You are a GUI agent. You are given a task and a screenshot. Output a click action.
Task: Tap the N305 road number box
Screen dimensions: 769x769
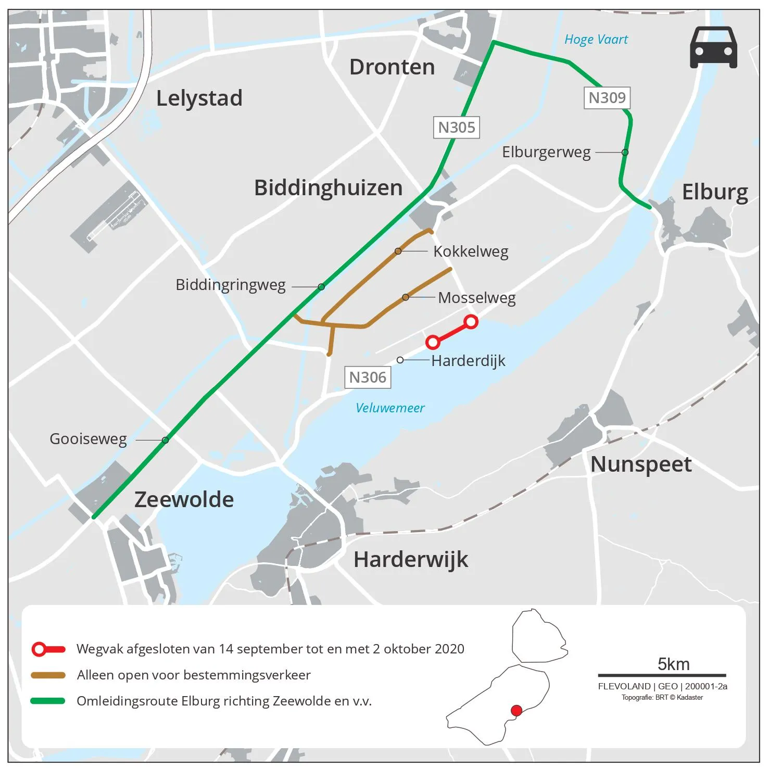pyautogui.click(x=456, y=128)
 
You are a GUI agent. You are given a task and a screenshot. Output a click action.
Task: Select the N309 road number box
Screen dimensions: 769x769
pyautogui.click(x=607, y=98)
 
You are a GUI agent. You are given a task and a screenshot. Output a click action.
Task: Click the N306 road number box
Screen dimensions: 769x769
pyautogui.click(x=368, y=377)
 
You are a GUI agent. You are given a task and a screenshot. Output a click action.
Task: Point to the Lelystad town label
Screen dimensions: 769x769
pyautogui.click(x=199, y=98)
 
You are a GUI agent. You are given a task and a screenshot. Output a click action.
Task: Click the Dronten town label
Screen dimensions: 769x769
pyautogui.click(x=392, y=67)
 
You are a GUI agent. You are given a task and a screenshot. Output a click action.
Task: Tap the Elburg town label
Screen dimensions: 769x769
pyautogui.click(x=715, y=192)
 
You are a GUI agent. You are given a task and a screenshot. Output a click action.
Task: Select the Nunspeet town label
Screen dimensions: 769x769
pyautogui.click(x=641, y=464)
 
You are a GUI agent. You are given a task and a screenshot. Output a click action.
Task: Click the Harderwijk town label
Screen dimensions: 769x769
pyautogui.click(x=411, y=560)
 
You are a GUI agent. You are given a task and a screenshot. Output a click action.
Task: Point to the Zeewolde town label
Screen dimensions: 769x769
pyautogui.click(x=184, y=500)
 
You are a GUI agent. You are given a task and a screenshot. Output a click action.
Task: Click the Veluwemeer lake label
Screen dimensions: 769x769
pyautogui.click(x=390, y=408)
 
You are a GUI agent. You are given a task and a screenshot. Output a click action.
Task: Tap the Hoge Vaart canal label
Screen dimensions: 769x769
pyautogui.click(x=596, y=40)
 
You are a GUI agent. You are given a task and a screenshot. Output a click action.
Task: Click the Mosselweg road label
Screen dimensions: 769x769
pyautogui.click(x=476, y=298)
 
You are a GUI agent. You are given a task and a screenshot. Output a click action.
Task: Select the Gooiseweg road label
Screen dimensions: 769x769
pyautogui.click(x=88, y=439)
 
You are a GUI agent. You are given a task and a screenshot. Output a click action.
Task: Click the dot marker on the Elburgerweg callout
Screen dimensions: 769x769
pyautogui.click(x=625, y=153)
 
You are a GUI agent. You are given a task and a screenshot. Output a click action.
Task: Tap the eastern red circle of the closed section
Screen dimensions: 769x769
pyautogui.click(x=471, y=322)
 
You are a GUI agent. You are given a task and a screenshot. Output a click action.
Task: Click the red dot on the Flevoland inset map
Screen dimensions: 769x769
pyautogui.click(x=516, y=711)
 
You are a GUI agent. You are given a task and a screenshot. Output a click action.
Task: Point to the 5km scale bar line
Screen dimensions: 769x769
pyautogui.click(x=662, y=675)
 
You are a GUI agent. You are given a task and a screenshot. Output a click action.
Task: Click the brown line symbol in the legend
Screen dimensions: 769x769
pyautogui.click(x=48, y=675)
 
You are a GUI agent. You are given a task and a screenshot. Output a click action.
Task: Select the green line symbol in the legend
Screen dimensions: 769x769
pyautogui.click(x=48, y=701)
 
